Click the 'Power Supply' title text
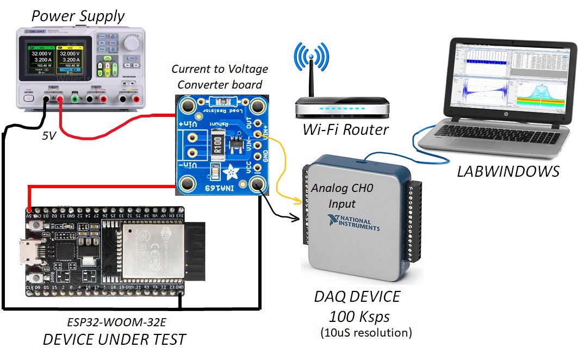[78, 16]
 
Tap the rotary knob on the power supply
[130, 42]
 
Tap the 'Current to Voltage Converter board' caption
[220, 77]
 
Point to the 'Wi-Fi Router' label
[346, 129]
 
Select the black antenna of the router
[312, 82]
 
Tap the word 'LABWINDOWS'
[508, 171]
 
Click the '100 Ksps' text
[357, 316]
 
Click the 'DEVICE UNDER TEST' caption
[114, 340]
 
